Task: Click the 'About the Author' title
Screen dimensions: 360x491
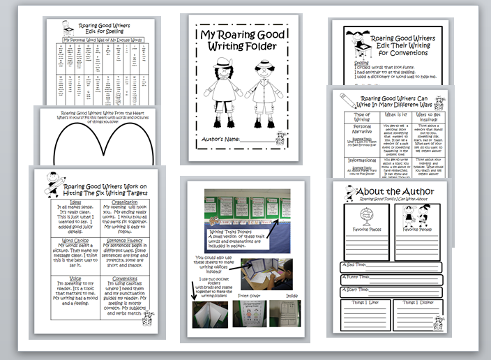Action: pos(405,191)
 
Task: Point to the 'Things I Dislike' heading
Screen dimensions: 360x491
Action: pos(418,301)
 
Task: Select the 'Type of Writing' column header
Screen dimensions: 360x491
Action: pos(360,115)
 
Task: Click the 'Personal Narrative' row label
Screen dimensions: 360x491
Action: pos(360,132)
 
